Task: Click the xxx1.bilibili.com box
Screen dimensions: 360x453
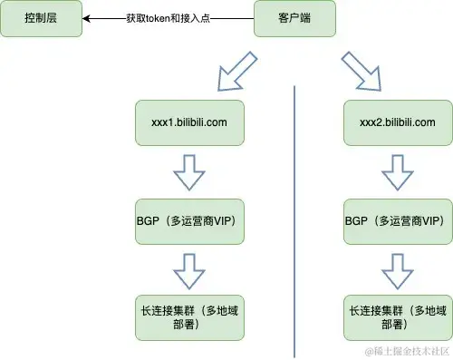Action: pos(188,122)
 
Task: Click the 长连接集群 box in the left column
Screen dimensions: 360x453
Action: pos(188,316)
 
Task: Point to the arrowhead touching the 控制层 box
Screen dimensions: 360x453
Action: pos(87,18)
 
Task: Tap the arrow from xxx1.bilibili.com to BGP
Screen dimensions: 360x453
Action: pos(188,170)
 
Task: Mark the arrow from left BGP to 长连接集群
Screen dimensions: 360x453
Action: pos(188,268)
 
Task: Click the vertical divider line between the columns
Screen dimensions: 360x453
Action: pos(294,218)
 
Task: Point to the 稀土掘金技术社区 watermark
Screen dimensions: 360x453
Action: pos(408,350)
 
